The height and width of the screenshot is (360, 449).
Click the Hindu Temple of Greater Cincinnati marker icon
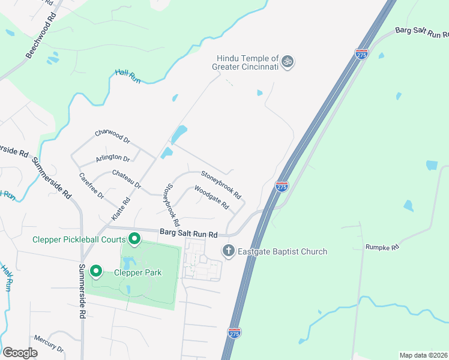(288, 61)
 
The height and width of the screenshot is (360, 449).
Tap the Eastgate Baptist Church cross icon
(228, 251)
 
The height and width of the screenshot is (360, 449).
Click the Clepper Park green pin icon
(96, 272)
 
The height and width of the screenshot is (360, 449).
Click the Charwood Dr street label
(112, 136)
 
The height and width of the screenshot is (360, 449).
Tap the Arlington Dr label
(113, 158)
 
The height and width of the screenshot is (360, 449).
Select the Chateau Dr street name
(126, 179)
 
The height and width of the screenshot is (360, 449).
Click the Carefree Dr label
(91, 186)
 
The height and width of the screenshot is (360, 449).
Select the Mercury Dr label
(49, 344)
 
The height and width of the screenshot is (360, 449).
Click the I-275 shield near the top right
(361, 54)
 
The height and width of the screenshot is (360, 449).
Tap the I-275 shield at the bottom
(234, 332)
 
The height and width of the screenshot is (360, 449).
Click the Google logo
(20, 353)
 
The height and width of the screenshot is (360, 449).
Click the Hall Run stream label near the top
(127, 76)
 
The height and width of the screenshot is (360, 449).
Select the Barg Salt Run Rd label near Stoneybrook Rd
(188, 233)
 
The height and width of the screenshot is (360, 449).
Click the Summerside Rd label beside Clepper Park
(82, 290)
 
